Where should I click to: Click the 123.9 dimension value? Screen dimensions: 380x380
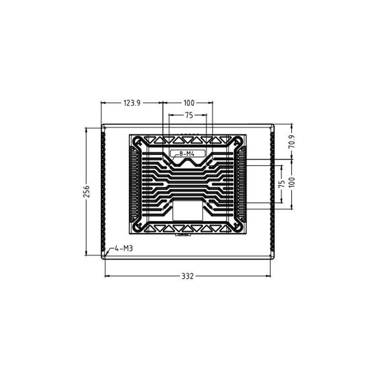pyautogui.click(x=132, y=103)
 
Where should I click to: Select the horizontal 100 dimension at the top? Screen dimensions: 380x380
pyautogui.click(x=189, y=103)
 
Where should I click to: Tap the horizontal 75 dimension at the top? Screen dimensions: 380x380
pyautogui.click(x=189, y=115)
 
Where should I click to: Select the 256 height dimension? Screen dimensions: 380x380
pyautogui.click(x=86, y=190)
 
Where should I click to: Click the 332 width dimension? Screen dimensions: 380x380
pyautogui.click(x=188, y=276)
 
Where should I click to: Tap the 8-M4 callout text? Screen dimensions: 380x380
pyautogui.click(x=188, y=153)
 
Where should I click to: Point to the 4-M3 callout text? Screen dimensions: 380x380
pyautogui.click(x=123, y=248)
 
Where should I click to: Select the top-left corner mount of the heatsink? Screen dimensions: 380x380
pyautogui.click(x=139, y=142)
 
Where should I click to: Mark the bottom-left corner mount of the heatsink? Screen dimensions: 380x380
pyautogui.click(x=139, y=226)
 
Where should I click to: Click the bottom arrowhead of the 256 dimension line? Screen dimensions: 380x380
pyautogui.click(x=86, y=253)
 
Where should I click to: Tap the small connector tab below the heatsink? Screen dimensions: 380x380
pyautogui.click(x=184, y=234)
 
